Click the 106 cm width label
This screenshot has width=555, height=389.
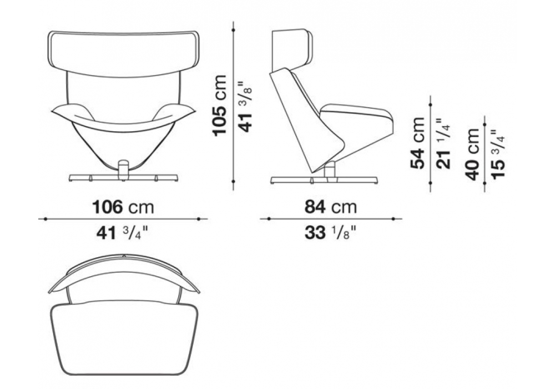(123, 207)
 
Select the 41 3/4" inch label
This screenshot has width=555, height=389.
(122, 233)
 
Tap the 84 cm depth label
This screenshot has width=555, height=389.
(330, 207)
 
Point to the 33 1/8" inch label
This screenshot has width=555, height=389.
(330, 233)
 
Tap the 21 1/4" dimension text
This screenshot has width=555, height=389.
(444, 143)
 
